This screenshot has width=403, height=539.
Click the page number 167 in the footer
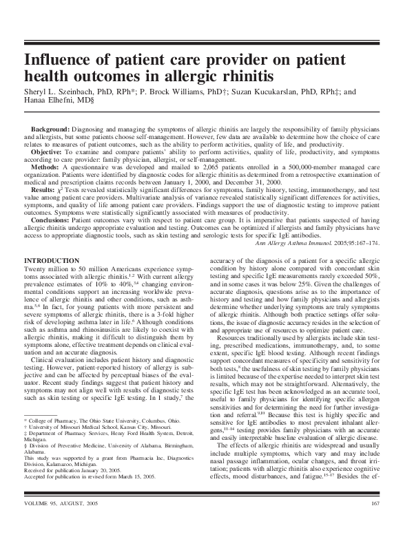tap(373, 526)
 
